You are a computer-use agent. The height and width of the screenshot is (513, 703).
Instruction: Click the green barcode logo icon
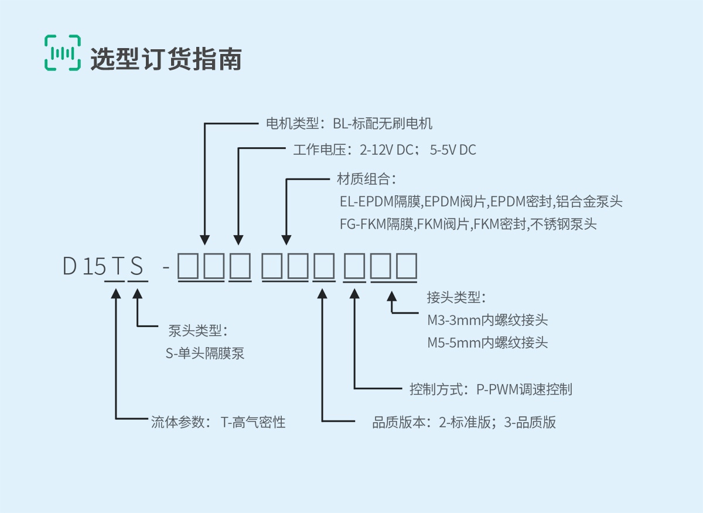[x=62, y=53]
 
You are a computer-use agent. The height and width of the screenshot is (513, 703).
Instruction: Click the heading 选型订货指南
[x=166, y=59]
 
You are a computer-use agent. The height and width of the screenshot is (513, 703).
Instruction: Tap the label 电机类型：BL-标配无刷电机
[x=349, y=124]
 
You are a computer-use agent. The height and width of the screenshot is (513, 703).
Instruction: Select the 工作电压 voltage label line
[x=384, y=150]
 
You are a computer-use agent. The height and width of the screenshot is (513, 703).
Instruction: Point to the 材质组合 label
[x=367, y=178]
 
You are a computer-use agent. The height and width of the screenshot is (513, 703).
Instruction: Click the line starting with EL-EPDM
[x=480, y=202]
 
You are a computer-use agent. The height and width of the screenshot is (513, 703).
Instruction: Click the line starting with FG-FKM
[x=467, y=224]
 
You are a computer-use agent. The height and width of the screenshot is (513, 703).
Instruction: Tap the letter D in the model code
[x=70, y=267]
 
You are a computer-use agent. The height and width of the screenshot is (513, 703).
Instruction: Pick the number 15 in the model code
[x=94, y=267]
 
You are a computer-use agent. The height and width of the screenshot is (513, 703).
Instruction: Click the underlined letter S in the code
[x=136, y=267]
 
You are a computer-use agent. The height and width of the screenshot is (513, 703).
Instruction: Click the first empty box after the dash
[x=189, y=266]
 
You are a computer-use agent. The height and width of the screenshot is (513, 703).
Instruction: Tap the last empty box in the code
[x=407, y=266]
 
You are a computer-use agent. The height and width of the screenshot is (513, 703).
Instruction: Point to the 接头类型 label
[x=456, y=297]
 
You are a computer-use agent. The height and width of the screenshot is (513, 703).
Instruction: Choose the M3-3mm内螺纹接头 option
[x=487, y=320]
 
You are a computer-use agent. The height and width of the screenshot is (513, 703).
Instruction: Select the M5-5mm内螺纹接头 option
[x=487, y=342]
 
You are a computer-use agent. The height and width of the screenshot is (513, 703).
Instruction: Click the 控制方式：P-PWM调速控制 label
[x=490, y=389]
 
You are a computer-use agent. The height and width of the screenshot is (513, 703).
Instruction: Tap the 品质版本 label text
[x=464, y=422]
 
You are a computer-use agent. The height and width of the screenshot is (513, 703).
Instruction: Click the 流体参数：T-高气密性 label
[x=218, y=422]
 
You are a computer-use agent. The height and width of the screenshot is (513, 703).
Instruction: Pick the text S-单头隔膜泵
[x=205, y=354]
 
